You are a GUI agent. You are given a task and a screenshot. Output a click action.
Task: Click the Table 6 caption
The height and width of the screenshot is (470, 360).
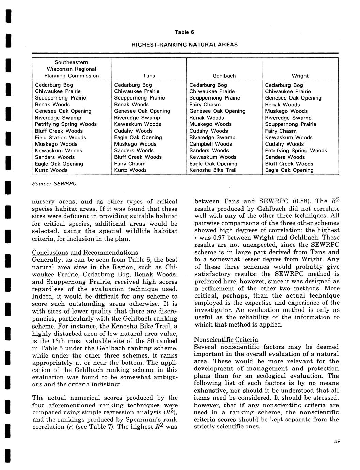(x=184, y=32)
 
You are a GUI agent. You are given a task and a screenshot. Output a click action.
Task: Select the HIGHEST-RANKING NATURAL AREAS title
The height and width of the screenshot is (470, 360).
(x=184, y=45)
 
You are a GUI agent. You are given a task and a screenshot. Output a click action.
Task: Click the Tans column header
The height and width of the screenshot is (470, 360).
(x=149, y=76)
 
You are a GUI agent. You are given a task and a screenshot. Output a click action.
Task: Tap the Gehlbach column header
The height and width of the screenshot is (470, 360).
(x=224, y=76)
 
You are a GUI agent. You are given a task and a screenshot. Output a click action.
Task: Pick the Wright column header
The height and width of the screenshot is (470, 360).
(x=300, y=76)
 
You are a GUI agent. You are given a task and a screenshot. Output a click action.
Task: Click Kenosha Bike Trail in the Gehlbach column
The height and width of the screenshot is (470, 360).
(x=213, y=170)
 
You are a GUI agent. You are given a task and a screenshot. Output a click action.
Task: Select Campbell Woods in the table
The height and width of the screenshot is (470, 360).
(x=210, y=144)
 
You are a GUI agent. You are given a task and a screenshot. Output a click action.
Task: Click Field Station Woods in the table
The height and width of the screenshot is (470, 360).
(x=61, y=137)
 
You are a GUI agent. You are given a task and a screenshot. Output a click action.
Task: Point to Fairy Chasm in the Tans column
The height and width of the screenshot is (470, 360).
(x=130, y=164)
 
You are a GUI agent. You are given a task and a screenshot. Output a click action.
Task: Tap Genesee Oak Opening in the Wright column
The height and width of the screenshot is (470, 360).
(x=293, y=98)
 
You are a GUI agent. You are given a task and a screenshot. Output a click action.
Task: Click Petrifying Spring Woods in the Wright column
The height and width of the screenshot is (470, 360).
(x=296, y=150)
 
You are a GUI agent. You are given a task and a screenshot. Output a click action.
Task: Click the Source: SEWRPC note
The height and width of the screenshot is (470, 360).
(x=55, y=184)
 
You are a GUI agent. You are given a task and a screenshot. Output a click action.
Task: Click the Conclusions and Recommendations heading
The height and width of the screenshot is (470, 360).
(x=85, y=253)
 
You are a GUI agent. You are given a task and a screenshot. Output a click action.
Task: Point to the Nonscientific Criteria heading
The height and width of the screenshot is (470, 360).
(x=226, y=340)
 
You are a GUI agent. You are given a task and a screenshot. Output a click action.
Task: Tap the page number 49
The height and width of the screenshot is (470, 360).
(x=337, y=442)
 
